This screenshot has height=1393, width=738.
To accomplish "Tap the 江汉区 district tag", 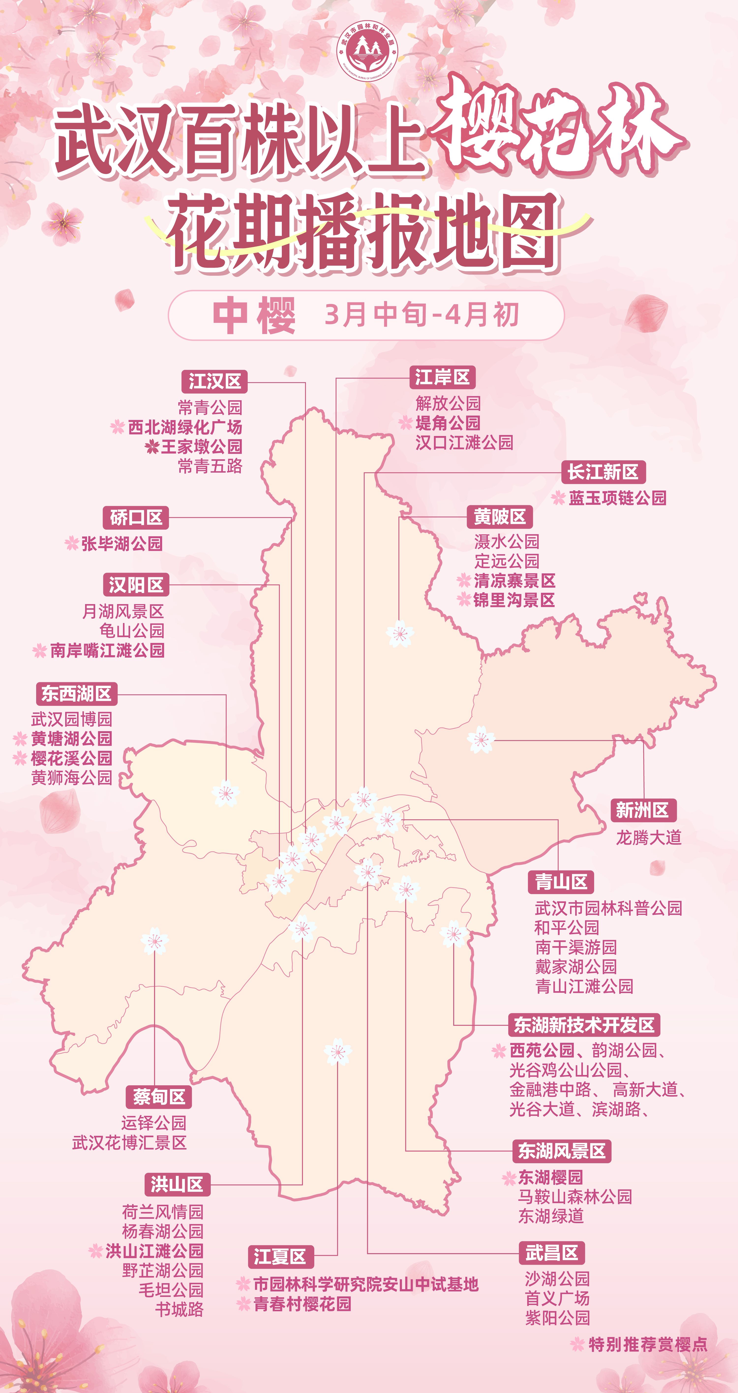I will point(214,381).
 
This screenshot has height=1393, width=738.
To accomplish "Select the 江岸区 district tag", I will point(442,377).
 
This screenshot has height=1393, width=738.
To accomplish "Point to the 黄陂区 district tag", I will point(499,517).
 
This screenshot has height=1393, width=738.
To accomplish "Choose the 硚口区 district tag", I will point(136,518).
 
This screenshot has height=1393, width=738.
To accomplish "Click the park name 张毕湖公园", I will point(122,543).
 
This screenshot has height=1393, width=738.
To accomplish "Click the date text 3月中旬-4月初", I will point(422,315).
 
